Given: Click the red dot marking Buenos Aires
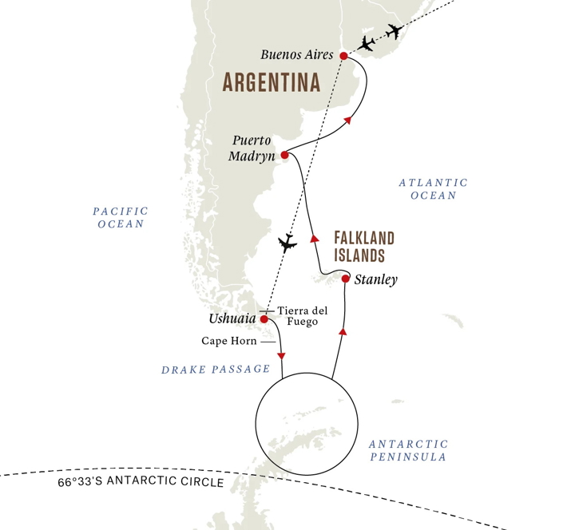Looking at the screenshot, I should click(x=343, y=56).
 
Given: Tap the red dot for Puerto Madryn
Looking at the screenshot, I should click(x=284, y=156).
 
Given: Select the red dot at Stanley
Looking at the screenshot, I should click(x=345, y=279).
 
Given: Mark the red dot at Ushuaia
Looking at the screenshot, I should click(x=264, y=319).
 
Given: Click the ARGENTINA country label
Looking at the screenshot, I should click(x=271, y=82).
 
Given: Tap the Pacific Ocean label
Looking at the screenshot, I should click(x=121, y=218).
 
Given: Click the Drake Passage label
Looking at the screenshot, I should click(x=216, y=370).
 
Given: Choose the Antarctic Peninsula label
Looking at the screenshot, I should click(x=408, y=450).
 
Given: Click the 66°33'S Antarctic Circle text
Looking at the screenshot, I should click(x=141, y=483).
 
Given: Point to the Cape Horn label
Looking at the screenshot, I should click(x=228, y=341).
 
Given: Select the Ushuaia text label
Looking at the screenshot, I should click(x=232, y=319).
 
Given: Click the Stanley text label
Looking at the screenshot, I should click(x=375, y=280).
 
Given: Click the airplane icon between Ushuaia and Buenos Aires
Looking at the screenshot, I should click(x=287, y=243).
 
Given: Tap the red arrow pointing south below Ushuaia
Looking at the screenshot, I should click(x=281, y=356).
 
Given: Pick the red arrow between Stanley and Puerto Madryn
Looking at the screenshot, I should click(x=314, y=237).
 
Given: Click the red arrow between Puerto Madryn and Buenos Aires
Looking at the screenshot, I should click(x=347, y=121).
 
